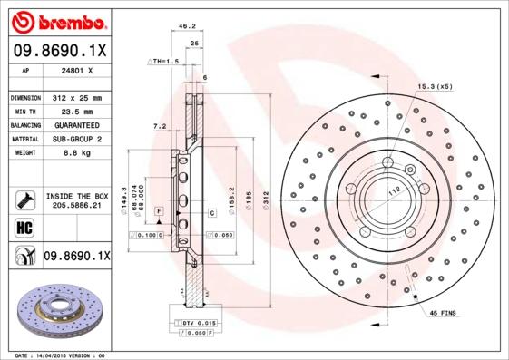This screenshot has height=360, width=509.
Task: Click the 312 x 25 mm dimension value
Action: tap(78, 97)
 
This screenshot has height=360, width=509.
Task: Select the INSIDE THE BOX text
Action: tap(77, 196)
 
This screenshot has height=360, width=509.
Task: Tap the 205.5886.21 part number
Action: tap(77, 206)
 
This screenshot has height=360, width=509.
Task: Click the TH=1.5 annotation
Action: tap(164, 61)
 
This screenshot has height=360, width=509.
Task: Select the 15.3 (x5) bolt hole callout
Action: tap(435, 85)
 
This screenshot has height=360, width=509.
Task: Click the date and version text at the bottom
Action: tap(61, 355)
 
